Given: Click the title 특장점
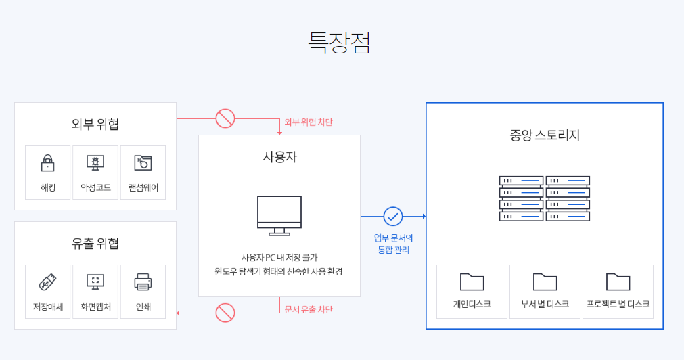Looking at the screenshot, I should [339, 43].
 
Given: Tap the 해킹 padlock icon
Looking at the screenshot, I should [47, 162].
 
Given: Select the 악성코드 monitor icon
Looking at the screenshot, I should [95, 162].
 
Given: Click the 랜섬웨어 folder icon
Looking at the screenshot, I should [143, 162].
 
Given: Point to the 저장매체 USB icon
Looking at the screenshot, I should [47, 282].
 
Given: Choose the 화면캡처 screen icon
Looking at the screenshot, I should [95, 282].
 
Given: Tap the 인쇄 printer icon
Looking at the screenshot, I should [143, 282].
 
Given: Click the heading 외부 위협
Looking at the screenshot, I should [95, 124].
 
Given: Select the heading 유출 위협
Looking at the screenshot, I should [95, 243].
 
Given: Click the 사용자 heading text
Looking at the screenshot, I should [279, 157].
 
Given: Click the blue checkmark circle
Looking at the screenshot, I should [393, 217].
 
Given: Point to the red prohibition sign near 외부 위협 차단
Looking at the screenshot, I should [225, 118].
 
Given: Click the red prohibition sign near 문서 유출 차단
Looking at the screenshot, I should [225, 313].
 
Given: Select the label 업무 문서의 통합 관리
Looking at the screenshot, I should [393, 244].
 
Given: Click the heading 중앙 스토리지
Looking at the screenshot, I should [545, 135].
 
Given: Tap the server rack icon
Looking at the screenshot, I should [545, 198].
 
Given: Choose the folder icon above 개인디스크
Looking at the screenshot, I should [472, 282].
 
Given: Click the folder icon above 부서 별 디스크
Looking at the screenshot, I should [545, 282].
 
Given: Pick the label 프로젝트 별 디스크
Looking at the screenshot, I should [618, 304].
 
